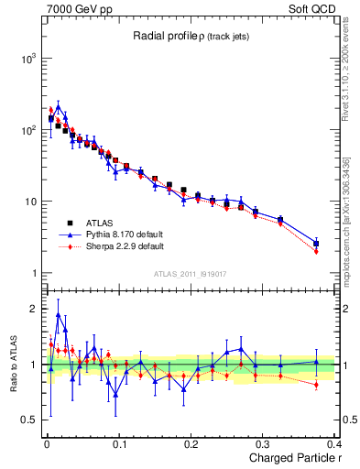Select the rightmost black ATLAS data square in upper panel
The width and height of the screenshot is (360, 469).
click(316, 244)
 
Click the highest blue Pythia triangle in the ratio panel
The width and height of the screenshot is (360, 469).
click(59, 314)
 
